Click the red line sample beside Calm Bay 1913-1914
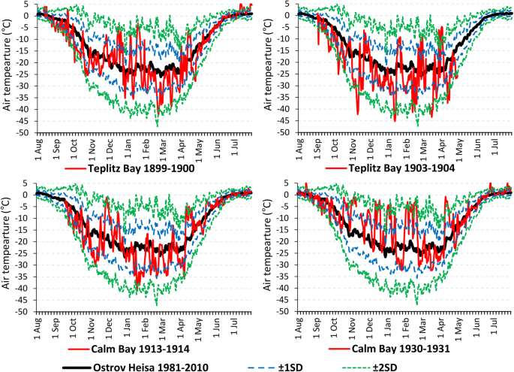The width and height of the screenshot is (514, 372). pyautogui.click(x=74, y=349)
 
